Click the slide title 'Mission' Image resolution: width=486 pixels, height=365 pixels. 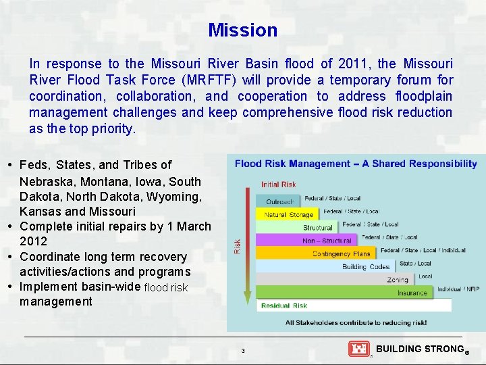[242, 30]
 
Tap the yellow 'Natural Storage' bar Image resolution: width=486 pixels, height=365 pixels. [288, 215]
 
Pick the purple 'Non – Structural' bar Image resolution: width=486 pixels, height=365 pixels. [327, 241]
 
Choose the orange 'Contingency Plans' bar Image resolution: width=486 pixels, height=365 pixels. [341, 253]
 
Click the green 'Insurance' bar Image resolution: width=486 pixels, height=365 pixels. [412, 293]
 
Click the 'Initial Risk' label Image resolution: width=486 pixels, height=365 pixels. [279, 185]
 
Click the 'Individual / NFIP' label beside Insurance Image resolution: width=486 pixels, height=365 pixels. [458, 289]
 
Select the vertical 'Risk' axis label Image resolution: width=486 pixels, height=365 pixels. [236, 246]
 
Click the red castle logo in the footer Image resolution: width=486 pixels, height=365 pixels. [358, 349]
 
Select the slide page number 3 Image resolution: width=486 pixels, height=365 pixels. [243, 351]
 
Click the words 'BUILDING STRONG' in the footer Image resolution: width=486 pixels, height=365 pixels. [418, 349]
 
